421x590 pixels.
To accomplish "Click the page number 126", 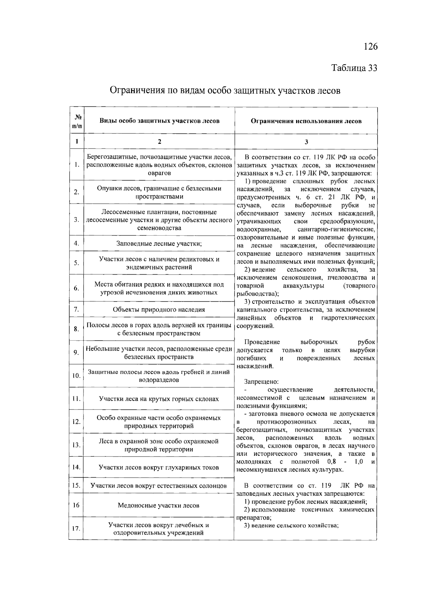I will coord(370,46).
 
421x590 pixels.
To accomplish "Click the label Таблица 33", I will coord(354,68).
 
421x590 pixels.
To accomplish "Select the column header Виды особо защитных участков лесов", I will coord(159,121).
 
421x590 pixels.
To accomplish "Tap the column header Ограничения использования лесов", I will coord(306,121).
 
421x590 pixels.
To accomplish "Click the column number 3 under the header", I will coord(306,142).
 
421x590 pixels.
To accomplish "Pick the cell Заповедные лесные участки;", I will coord(159,243).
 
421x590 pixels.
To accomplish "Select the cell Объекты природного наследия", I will coord(159,309).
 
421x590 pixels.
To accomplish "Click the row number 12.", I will coord(76,421).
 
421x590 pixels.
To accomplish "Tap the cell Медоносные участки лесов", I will coord(159,506).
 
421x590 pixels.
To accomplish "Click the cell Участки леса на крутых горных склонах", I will coord(159,399).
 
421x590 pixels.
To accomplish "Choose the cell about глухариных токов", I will coord(159,467).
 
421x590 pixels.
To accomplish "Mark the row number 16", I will coord(76,505).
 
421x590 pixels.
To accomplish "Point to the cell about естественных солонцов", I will coord(159,486).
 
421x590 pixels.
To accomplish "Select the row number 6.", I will coord(76,288).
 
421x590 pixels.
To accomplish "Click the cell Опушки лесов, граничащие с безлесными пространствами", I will coord(159,192).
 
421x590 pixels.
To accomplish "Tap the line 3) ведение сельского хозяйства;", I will coord(291,526).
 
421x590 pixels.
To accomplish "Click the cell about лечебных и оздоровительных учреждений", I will coord(159,529).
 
